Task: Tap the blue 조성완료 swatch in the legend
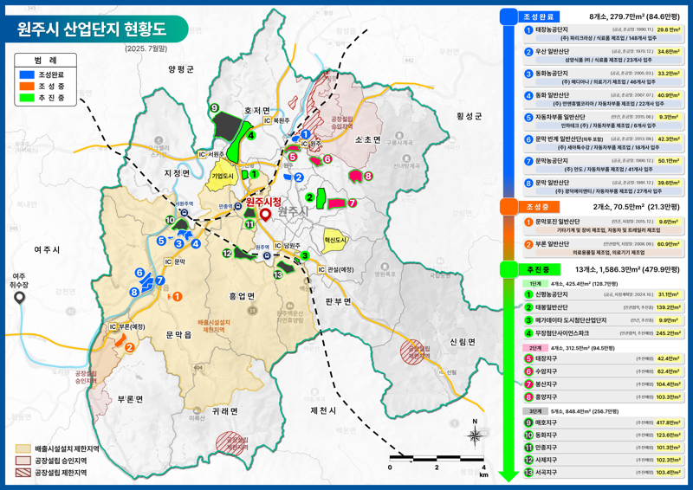28,74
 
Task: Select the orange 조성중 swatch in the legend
28,86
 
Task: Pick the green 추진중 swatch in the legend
28,97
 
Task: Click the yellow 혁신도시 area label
335,240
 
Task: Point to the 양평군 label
182,68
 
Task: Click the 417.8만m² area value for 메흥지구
667,422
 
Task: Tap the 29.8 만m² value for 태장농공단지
667,29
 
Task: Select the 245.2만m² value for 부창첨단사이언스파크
667,332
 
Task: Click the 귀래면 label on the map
223,411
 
